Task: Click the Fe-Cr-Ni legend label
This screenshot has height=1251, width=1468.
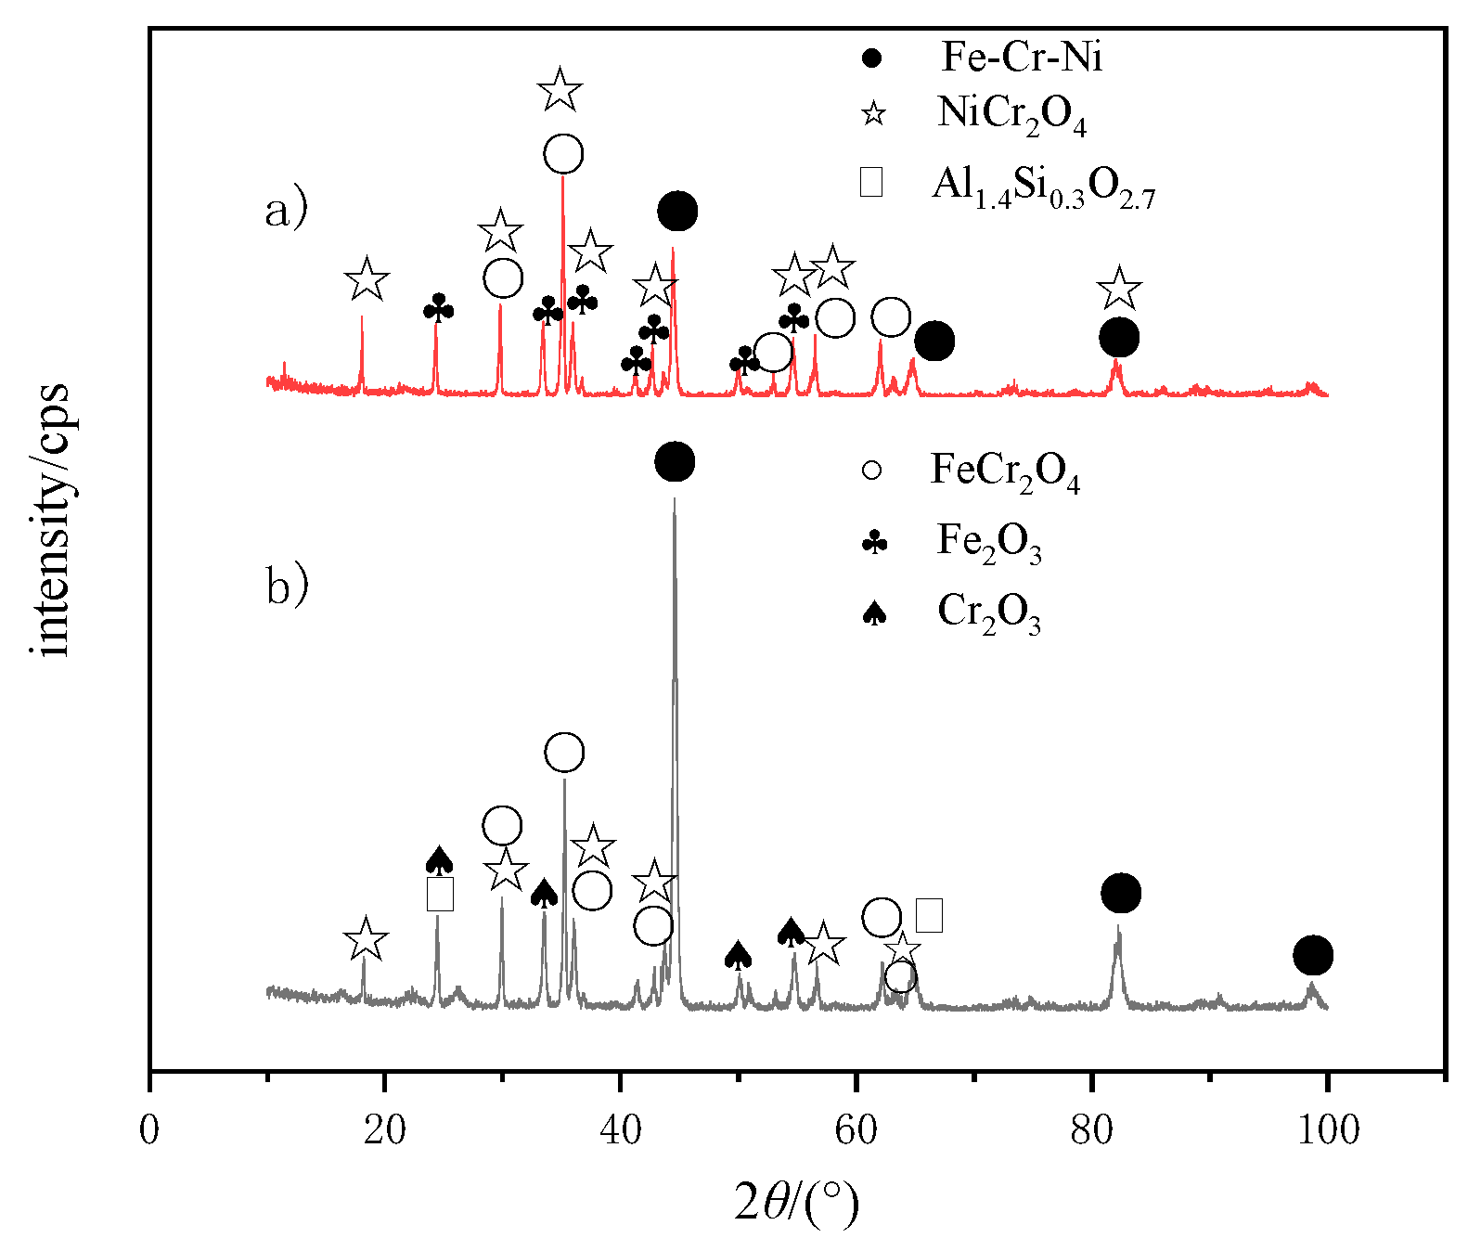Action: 1022,58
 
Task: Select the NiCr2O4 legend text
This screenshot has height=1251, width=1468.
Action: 1011,115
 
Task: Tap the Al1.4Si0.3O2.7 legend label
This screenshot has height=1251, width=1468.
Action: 1044,186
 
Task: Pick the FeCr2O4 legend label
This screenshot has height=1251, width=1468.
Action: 1005,471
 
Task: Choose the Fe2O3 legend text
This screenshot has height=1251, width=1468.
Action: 989,541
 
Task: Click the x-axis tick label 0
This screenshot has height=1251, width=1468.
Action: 149,1130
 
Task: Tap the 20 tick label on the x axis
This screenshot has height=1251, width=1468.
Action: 384,1130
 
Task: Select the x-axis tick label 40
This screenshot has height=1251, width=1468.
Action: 620,1130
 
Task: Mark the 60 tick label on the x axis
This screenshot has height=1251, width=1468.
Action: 856,1130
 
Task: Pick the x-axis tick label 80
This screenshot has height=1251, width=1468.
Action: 1091,1130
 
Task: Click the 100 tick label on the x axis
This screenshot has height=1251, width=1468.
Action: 1327,1130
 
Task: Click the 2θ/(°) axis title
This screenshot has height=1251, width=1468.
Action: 796,1204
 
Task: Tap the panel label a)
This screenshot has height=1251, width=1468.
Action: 286,212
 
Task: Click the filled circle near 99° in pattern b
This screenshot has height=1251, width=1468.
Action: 1313,955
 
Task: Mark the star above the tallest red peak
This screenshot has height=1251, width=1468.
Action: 560,90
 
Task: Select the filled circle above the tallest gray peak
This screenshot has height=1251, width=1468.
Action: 675,462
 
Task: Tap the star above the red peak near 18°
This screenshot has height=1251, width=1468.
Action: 367,279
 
